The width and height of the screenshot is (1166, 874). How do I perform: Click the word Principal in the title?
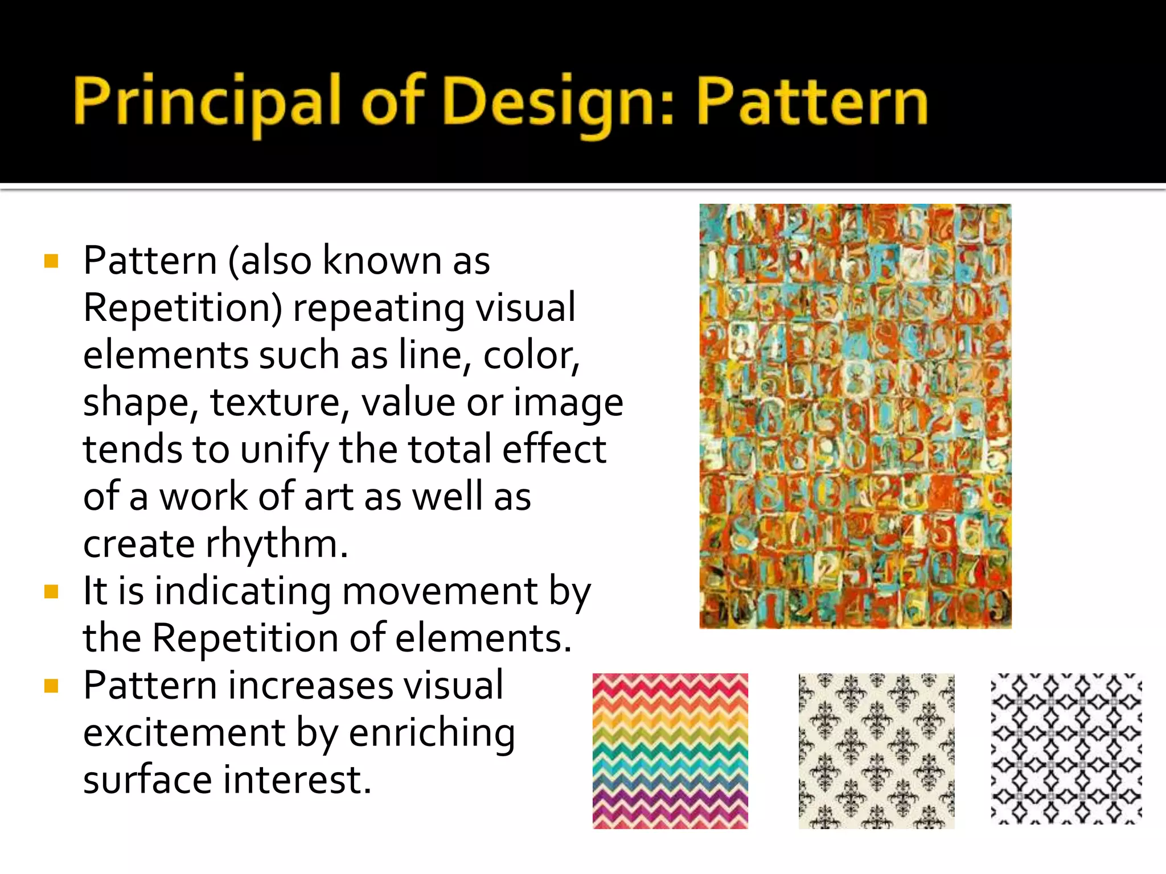[206, 102]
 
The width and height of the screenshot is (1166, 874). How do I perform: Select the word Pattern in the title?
[812, 102]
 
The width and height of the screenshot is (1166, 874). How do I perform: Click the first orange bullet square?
[51, 261]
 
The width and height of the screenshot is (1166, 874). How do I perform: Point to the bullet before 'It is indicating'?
[51, 592]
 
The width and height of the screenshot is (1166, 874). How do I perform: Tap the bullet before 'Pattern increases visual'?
[51, 686]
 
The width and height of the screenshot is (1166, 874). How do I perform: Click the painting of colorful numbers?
[855, 416]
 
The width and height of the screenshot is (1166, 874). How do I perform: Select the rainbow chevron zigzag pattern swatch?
[670, 751]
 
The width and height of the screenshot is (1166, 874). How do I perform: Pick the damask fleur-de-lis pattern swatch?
[876, 751]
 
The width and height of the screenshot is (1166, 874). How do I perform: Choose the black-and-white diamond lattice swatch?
[1066, 749]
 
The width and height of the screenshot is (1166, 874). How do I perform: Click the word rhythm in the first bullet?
[276, 544]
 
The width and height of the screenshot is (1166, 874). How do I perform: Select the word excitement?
[184, 733]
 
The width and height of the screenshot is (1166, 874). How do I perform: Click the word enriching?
[432, 733]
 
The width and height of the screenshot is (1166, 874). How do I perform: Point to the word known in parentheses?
[383, 261]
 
